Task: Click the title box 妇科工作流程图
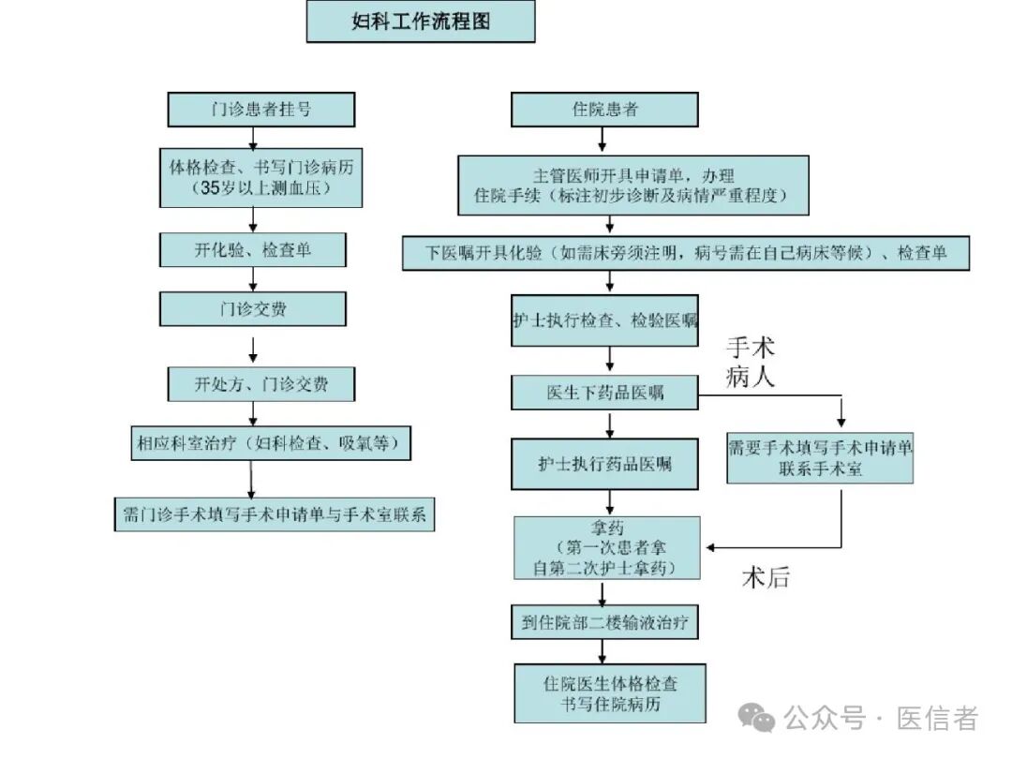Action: (421, 22)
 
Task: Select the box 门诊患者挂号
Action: (260, 110)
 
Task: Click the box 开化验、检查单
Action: (253, 250)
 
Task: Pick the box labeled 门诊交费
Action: (253, 309)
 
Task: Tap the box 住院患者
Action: (604, 110)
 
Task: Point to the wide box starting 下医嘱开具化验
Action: (686, 254)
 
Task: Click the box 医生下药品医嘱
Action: (604, 393)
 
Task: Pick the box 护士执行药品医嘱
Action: (604, 464)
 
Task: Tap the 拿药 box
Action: (604, 548)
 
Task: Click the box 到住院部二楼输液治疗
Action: (604, 622)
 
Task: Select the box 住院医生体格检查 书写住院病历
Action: (610, 694)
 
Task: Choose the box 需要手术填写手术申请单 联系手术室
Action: (820, 458)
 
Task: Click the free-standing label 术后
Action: (766, 578)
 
